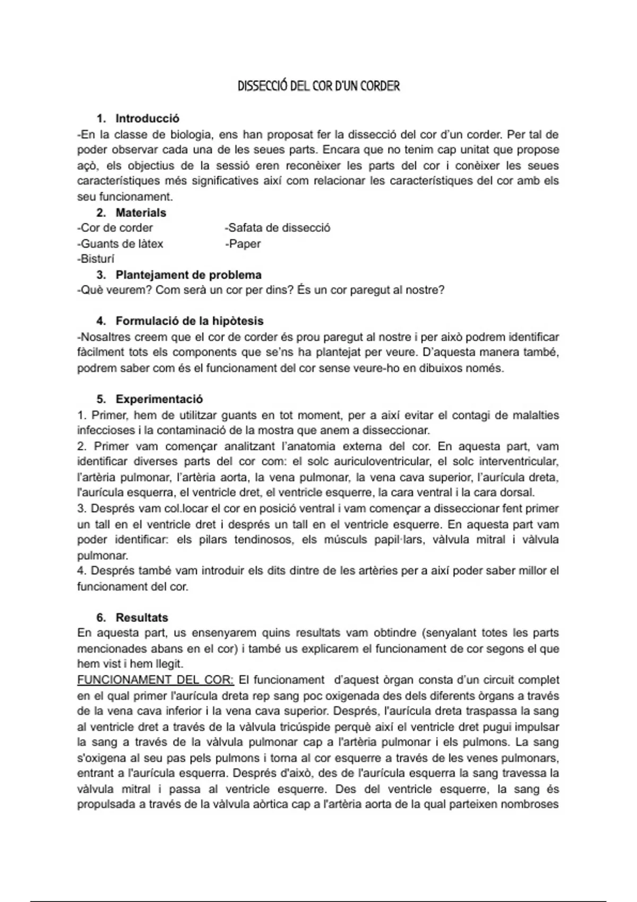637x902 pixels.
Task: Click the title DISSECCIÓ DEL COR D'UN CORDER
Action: coord(318,86)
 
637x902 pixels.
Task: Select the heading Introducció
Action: coord(147,118)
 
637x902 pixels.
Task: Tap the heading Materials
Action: coord(141,213)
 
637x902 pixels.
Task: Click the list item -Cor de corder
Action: coord(115,228)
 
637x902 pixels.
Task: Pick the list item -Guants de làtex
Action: coord(120,244)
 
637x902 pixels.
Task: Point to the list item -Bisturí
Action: coord(96,259)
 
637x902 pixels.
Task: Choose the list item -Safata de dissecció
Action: coord(278,228)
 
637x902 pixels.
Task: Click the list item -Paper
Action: coord(243,244)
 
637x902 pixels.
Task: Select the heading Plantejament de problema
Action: coord(188,275)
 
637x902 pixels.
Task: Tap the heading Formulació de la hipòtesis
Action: coord(190,321)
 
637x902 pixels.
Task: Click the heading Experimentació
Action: coord(159,399)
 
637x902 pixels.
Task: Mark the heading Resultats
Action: coord(142,618)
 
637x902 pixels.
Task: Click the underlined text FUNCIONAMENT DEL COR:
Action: coord(156,680)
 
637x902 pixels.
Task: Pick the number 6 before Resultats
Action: coord(100,618)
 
